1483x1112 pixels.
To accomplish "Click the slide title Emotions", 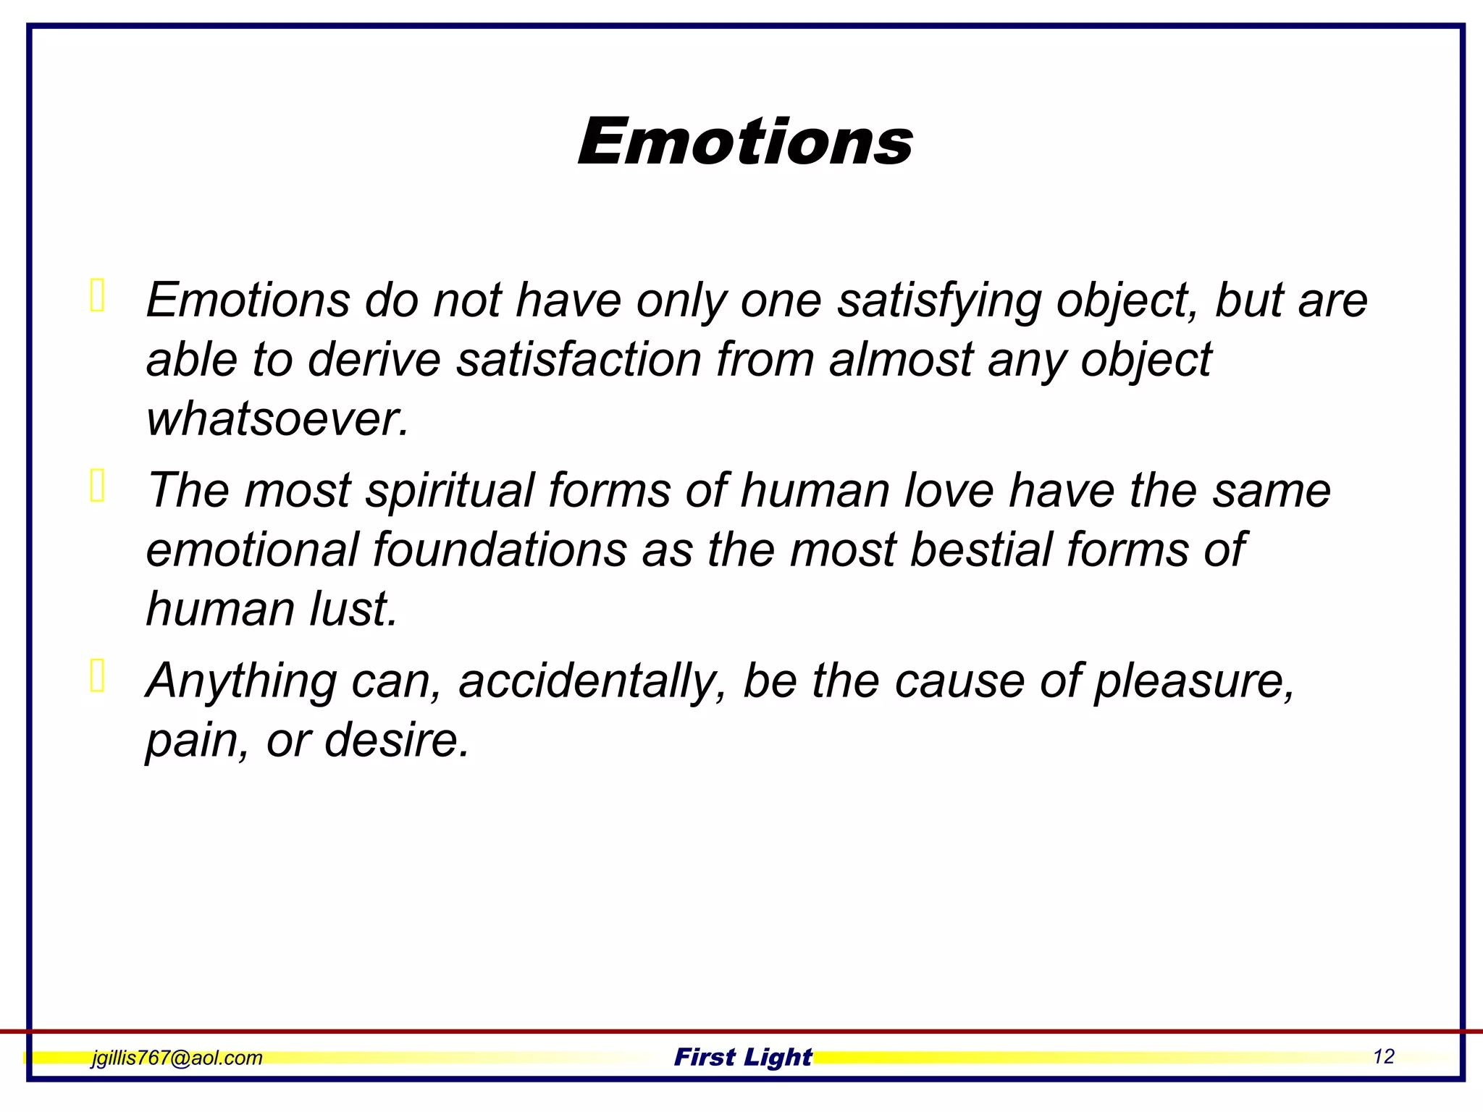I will click(745, 141).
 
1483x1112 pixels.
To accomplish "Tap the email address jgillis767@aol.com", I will click(177, 1058).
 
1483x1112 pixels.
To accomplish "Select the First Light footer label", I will click(743, 1057).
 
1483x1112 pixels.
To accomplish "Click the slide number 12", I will click(1383, 1056).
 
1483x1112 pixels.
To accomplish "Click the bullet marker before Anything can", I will click(98, 676).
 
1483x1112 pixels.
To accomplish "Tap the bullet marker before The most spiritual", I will click(98, 485).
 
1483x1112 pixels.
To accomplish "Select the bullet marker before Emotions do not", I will click(98, 295).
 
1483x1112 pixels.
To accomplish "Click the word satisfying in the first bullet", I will click(939, 300).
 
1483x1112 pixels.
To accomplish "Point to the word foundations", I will click(500, 549).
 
